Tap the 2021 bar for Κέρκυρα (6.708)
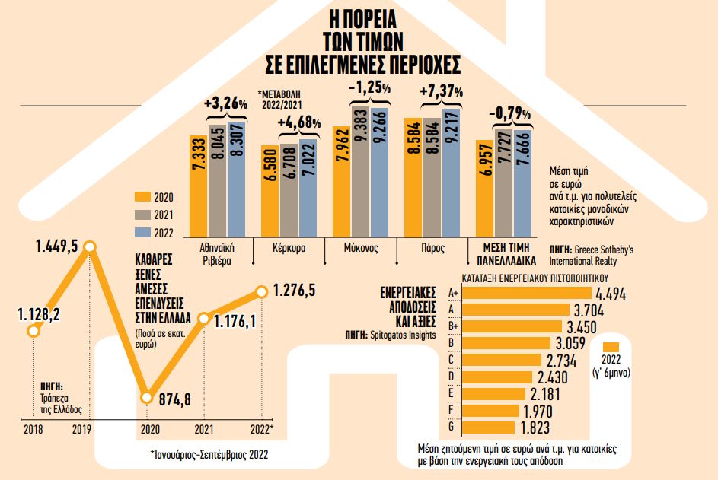(289, 189)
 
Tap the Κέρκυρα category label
(289, 249)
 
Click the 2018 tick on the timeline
(33, 431)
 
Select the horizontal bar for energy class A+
(525, 293)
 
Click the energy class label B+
(454, 326)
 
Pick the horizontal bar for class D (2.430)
(492, 377)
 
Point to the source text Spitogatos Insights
(405, 333)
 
